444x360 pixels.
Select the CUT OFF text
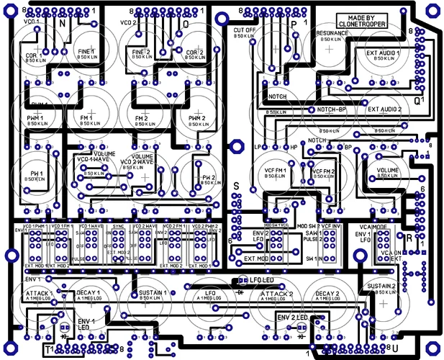[245, 30]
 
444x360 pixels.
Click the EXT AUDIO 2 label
[384, 109]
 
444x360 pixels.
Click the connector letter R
[409, 238]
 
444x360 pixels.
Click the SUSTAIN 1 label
[152, 294]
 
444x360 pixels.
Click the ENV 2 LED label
[293, 318]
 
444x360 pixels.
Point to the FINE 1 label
[86, 53]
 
